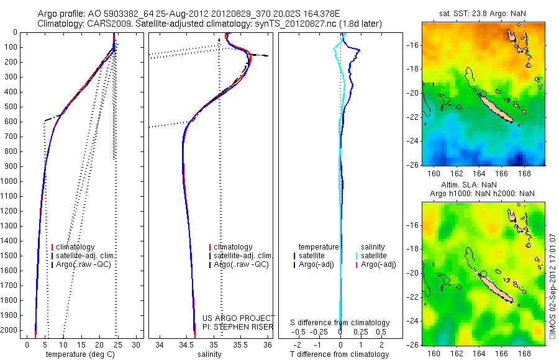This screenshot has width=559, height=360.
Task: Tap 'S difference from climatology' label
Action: (340, 323)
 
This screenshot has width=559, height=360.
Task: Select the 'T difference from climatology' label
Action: (340, 354)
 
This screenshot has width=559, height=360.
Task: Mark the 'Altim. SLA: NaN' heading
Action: (481, 185)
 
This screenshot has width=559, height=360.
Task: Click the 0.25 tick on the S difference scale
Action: (360, 332)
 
